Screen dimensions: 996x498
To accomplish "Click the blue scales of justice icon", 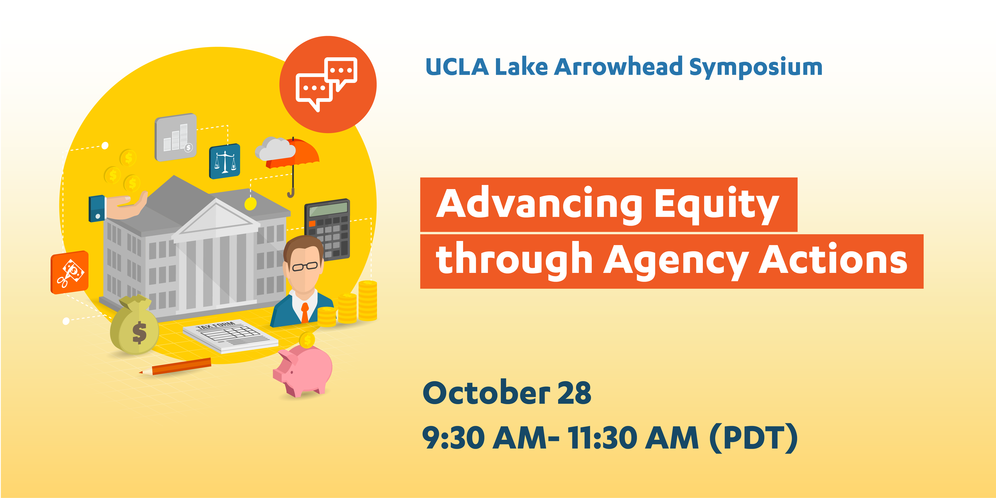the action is pos(225,161).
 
